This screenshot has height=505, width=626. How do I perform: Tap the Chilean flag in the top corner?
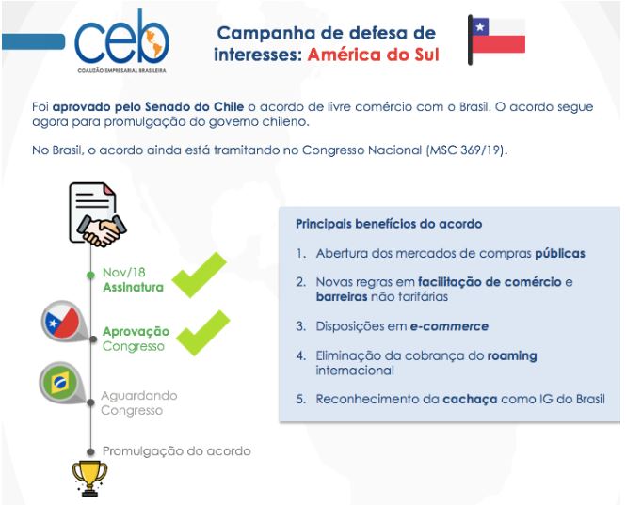tap(497, 40)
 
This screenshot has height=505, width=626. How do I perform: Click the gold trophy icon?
tap(89, 477)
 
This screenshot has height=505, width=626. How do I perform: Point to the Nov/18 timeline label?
tap(122, 273)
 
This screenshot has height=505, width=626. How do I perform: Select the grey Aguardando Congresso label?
tap(138, 402)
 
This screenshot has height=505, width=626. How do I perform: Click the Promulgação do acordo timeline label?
tap(176, 450)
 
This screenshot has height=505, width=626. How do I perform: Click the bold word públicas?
tap(560, 253)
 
